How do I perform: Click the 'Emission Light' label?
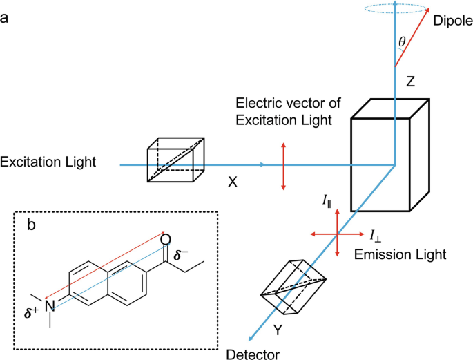(x=400, y=254)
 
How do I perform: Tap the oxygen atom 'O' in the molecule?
(x=165, y=239)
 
